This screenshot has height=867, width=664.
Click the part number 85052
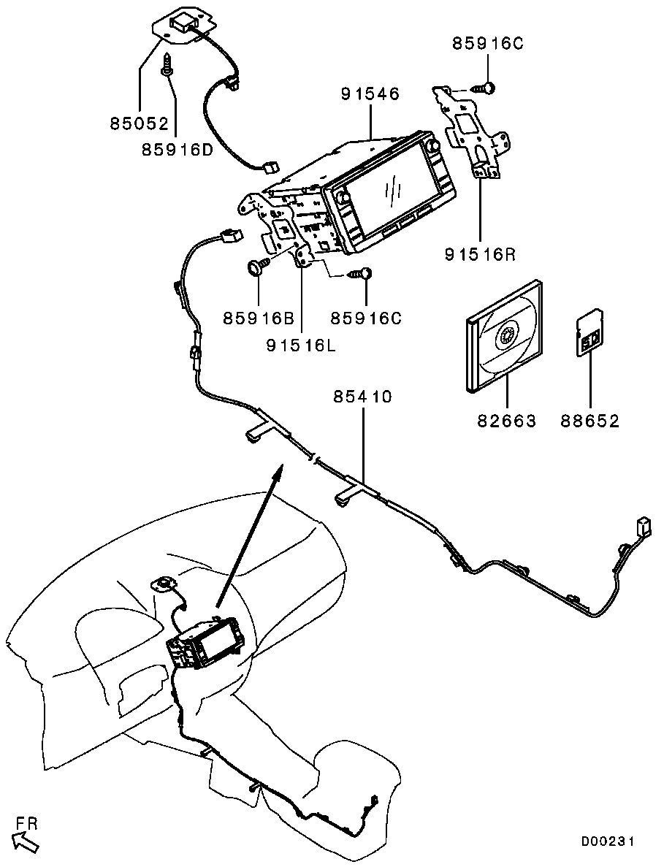[140, 123]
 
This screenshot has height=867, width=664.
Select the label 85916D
[178, 149]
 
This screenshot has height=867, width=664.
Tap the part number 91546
[370, 94]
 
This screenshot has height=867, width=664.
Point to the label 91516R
[480, 254]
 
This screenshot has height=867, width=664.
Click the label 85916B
[258, 318]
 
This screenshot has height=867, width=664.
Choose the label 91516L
[301, 345]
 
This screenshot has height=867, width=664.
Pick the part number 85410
[363, 397]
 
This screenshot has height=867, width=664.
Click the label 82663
[507, 421]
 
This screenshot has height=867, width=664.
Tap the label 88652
[590, 421]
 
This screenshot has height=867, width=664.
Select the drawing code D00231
[608, 841]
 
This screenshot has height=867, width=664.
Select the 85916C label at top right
[487, 44]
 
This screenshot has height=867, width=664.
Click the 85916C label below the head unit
[365, 318]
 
